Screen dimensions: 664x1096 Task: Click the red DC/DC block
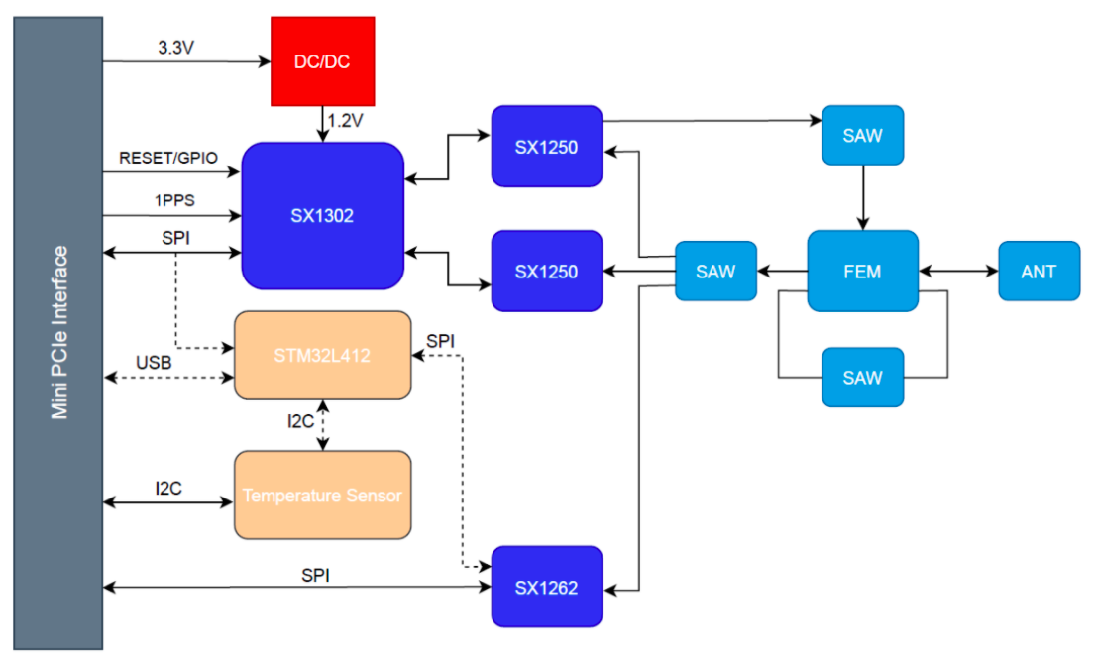(x=323, y=61)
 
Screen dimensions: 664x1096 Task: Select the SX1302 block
(x=323, y=215)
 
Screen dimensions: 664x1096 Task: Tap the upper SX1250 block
(x=547, y=146)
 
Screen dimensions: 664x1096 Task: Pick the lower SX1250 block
(x=547, y=271)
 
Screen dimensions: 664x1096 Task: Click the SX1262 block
(x=547, y=587)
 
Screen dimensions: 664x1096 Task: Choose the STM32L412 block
(x=323, y=355)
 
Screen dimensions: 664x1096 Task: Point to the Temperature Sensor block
(x=323, y=495)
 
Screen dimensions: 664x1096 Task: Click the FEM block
(x=862, y=271)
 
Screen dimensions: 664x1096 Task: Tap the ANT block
(x=1039, y=271)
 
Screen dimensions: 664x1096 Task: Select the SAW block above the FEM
(x=862, y=135)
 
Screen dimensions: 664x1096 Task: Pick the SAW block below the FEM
(x=862, y=377)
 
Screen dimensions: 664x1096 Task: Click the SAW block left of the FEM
(x=715, y=271)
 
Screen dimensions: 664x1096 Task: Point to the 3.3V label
(x=177, y=47)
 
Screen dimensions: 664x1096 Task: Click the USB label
(x=154, y=363)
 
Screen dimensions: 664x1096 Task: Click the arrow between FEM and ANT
(x=957, y=271)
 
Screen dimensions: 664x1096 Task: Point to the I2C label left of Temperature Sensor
(x=168, y=488)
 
